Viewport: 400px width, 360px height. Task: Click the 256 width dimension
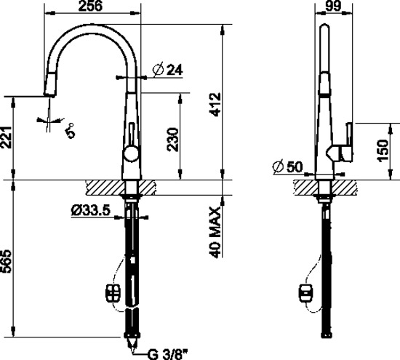[x=91, y=6]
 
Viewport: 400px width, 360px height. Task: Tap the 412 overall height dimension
[x=215, y=105]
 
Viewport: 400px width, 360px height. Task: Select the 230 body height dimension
[x=172, y=140]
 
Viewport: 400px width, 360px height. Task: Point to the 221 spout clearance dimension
[x=6, y=137]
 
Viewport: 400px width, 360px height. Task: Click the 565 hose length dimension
[x=6, y=262]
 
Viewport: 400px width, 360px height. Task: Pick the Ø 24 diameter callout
[x=168, y=70]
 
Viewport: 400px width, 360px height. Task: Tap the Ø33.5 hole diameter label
[x=91, y=210]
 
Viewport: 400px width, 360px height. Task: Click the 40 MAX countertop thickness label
[x=215, y=232]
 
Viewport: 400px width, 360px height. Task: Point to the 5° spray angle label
[x=70, y=131]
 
